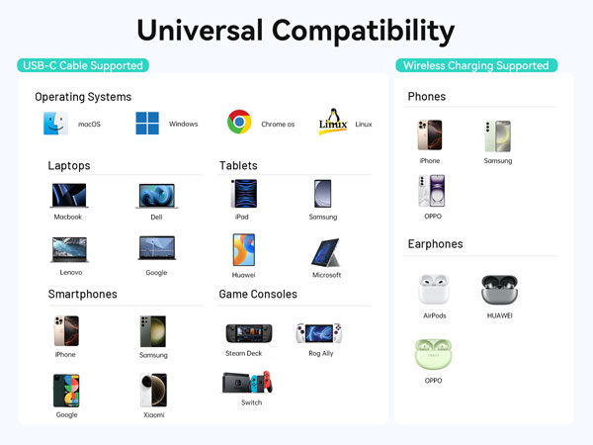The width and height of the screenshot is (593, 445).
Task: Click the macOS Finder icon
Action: (55, 124)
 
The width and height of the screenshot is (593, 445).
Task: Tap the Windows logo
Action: (148, 124)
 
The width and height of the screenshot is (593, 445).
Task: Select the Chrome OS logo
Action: (238, 123)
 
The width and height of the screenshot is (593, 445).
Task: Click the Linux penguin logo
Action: (333, 123)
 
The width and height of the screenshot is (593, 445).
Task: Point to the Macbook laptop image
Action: (68, 195)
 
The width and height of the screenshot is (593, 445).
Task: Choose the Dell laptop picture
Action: (156, 195)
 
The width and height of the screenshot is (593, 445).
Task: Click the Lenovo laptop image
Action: (70, 248)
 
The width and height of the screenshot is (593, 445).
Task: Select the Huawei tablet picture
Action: (243, 249)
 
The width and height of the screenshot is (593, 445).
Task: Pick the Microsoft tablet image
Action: (326, 252)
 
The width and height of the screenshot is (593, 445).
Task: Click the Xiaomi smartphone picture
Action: (153, 390)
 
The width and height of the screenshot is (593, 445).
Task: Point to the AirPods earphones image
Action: (433, 290)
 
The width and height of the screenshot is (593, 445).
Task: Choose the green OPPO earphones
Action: (433, 354)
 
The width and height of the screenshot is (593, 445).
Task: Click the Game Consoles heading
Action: (257, 294)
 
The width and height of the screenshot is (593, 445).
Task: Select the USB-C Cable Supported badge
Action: (82, 66)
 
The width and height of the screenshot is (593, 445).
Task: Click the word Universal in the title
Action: (205, 30)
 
